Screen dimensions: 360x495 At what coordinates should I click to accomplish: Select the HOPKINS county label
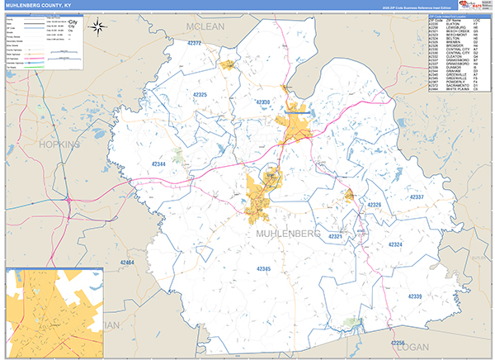pyautogui.click(x=59, y=144)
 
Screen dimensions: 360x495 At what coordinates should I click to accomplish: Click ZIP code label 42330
pyautogui.click(x=262, y=102)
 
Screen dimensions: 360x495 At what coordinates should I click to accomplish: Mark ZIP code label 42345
pyautogui.click(x=263, y=269)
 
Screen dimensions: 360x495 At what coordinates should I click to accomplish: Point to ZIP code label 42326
pyautogui.click(x=375, y=204)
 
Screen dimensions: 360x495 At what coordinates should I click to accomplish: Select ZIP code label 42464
pyautogui.click(x=126, y=262)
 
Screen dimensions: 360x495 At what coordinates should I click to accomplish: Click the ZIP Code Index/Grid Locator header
pyautogui.click(x=458, y=16)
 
